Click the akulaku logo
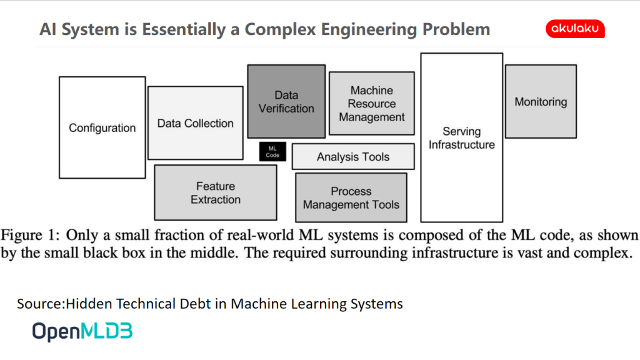[x=575, y=29]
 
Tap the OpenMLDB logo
[x=82, y=331]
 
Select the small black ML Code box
[x=272, y=152]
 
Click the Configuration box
[x=102, y=127]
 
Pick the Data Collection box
[x=196, y=123]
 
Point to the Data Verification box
[x=286, y=101]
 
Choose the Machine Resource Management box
[x=372, y=103]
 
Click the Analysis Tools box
[x=353, y=156]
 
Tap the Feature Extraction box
[x=216, y=192]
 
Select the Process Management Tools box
[x=351, y=197]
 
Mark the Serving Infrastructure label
[x=462, y=138]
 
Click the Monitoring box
[x=541, y=101]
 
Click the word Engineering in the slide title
[x=369, y=30]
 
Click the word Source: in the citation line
[x=41, y=304]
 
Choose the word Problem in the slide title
[x=456, y=30]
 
